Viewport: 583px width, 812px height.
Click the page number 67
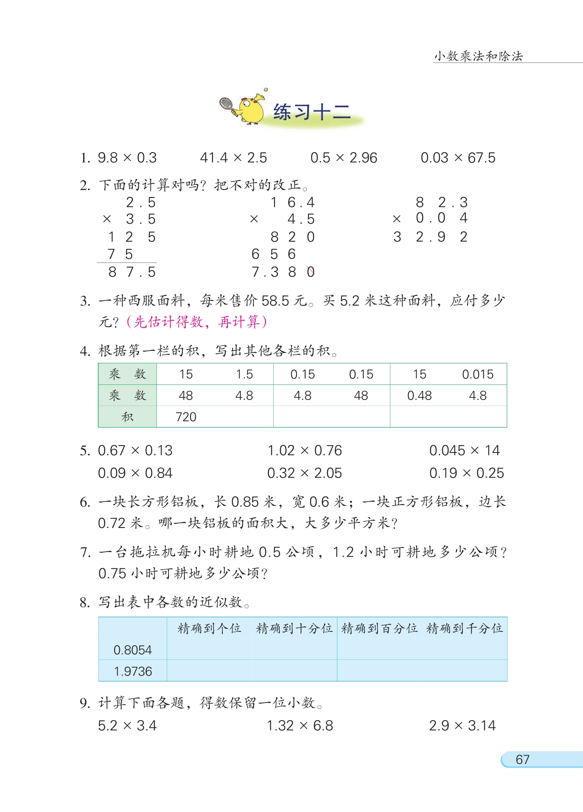tap(522, 759)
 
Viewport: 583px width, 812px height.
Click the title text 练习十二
tap(312, 112)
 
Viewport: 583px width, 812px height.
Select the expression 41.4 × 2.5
tap(233, 158)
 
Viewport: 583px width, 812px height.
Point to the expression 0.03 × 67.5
tap(458, 158)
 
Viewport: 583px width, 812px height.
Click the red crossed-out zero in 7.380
tap(311, 272)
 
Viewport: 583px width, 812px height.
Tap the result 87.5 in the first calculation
tap(132, 272)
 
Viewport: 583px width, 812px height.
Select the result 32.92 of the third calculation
tap(430, 237)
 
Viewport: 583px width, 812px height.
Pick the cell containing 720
tap(186, 417)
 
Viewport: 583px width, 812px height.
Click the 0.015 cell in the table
tap(477, 374)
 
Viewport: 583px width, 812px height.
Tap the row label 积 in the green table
tap(127, 417)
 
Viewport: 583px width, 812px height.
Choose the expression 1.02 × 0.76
tap(304, 451)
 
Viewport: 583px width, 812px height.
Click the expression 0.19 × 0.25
tap(466, 473)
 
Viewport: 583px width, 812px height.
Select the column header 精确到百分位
tap(379, 628)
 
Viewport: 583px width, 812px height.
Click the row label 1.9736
tap(133, 671)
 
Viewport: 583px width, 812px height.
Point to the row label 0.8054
tap(133, 650)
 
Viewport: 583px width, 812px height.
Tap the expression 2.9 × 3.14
tap(462, 726)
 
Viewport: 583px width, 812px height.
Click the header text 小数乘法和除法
tap(478, 56)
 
